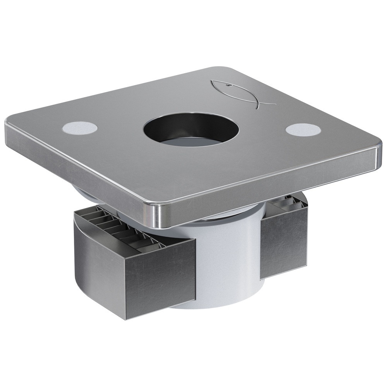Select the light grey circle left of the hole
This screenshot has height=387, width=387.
click(x=79, y=128)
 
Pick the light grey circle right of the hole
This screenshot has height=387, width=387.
click(x=303, y=130)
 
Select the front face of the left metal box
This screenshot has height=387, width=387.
click(x=161, y=279)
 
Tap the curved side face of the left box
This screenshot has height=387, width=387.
click(x=99, y=267)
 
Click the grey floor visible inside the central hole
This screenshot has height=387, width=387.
click(x=186, y=142)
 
